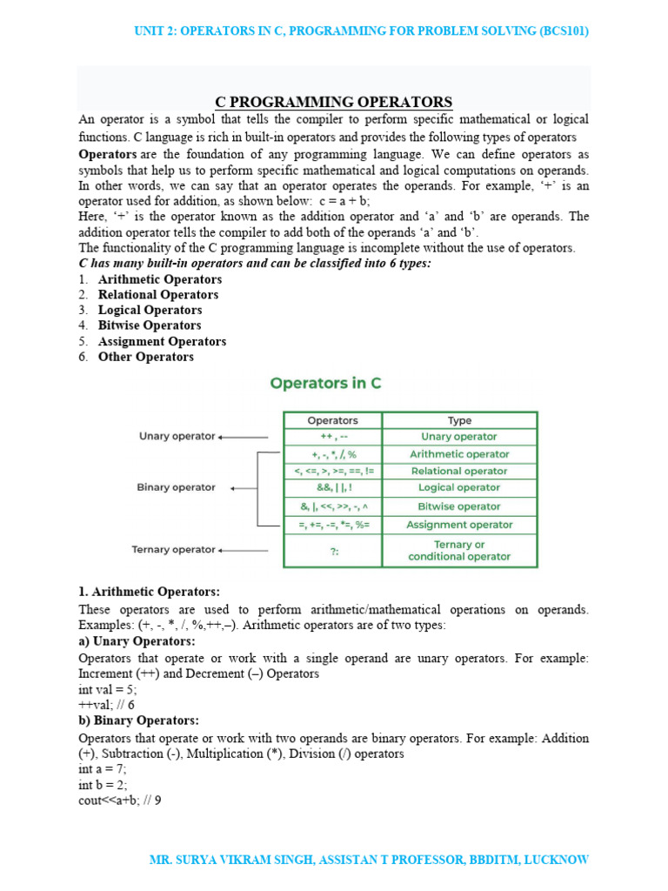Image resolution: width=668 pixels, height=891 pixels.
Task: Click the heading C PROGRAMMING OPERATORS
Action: (334, 102)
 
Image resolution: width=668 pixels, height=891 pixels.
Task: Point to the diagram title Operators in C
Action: (325, 383)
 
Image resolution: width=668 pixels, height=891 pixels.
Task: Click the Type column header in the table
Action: (459, 420)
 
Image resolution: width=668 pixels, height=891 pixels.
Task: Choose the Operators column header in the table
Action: (332, 420)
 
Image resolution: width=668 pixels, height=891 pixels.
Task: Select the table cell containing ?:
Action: (333, 550)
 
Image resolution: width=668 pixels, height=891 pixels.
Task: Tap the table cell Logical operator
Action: (459, 488)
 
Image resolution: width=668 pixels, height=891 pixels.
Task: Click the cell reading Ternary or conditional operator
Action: (459, 550)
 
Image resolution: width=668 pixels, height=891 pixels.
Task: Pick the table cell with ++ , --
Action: (333, 437)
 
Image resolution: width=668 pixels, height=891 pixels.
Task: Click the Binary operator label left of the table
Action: (176, 487)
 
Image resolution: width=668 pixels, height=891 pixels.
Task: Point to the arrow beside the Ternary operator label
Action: (243, 550)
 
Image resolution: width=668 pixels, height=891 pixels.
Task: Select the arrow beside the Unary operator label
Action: (243, 437)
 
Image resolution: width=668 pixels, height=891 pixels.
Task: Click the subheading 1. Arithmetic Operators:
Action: (150, 592)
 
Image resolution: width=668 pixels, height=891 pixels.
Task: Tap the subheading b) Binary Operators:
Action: (138, 720)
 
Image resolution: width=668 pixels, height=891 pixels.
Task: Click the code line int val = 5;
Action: (108, 689)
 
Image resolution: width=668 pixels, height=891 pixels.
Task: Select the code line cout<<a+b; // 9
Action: (120, 801)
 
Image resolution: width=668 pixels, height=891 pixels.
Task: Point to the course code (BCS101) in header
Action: (564, 31)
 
